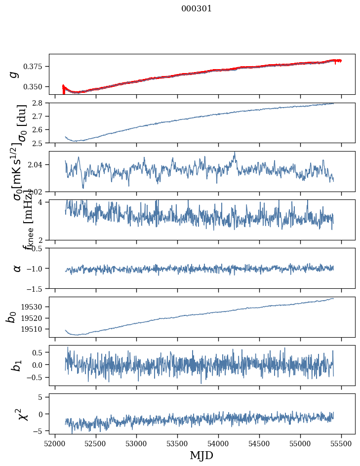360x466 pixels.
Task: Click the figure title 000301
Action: pyautogui.click(x=197, y=9)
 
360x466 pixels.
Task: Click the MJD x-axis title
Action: pyautogui.click(x=201, y=455)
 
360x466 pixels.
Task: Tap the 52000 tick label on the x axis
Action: pyautogui.click(x=55, y=442)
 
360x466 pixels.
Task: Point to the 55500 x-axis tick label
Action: pyautogui.click(x=342, y=442)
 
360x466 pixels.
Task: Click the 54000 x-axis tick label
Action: pyautogui.click(x=219, y=442)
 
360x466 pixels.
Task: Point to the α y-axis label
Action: pyautogui.click(x=17, y=268)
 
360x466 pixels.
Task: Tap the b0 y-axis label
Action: pyautogui.click(x=12, y=317)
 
